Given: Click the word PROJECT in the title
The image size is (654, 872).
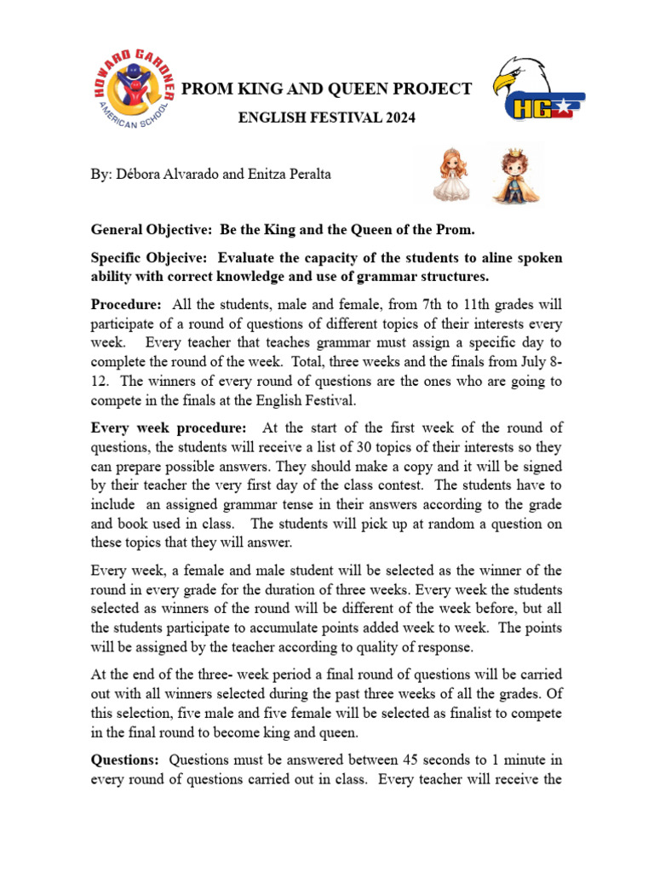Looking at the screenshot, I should pyautogui.click(x=432, y=89).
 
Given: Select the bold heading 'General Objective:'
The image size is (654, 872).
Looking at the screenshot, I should pyautogui.click(x=152, y=230).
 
